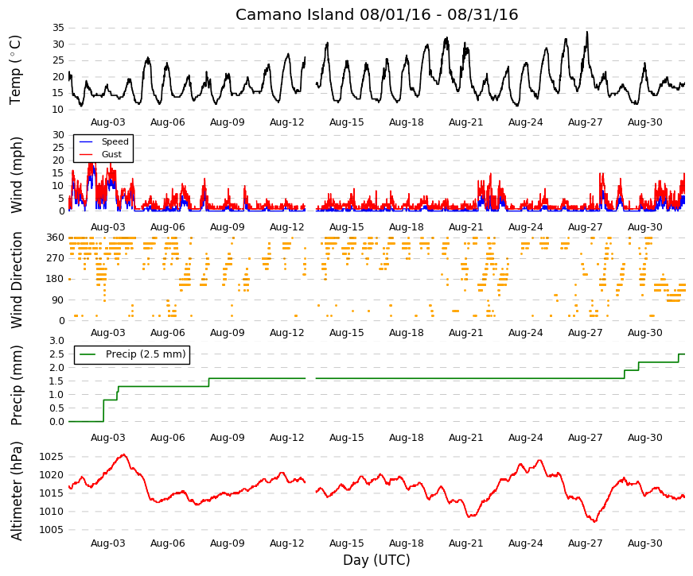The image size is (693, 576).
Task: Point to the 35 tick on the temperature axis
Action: coord(58,28)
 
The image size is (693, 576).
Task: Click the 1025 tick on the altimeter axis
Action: coord(51,457)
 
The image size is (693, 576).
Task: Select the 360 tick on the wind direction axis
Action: coord(55,238)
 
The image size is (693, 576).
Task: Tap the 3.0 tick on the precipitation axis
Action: coord(56,341)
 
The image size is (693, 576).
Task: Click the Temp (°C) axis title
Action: coord(15,70)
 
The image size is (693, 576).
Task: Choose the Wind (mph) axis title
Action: coord(17,176)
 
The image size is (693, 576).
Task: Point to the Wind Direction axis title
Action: coord(17,280)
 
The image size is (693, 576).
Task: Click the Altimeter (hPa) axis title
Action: coord(17,491)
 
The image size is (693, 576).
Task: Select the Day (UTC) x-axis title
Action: coord(376,560)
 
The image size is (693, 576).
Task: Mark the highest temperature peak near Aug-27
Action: coord(587,32)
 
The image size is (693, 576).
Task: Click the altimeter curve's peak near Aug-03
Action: coord(124,454)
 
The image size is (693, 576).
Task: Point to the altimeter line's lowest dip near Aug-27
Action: coord(595,521)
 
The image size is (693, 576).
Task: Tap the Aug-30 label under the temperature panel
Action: coord(644,122)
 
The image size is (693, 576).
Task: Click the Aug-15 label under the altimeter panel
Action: coord(347,543)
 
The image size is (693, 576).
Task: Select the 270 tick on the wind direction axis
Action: coord(55,258)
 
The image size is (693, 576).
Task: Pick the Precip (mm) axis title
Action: coord(17,385)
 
